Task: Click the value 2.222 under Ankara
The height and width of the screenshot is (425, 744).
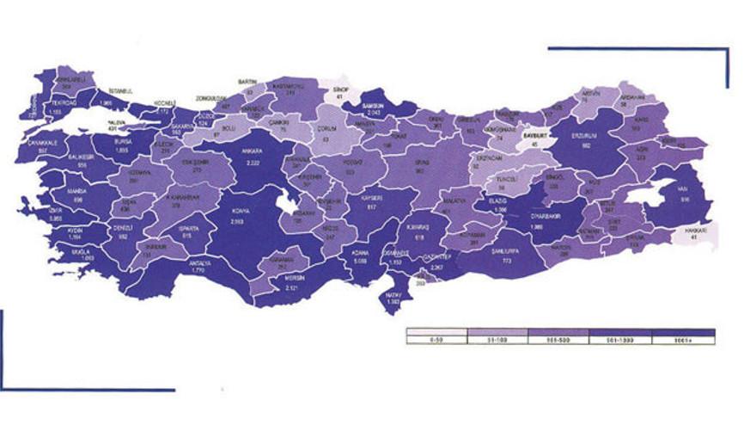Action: pos(252,161)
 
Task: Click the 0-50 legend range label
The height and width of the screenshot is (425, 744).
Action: pos(436,342)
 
